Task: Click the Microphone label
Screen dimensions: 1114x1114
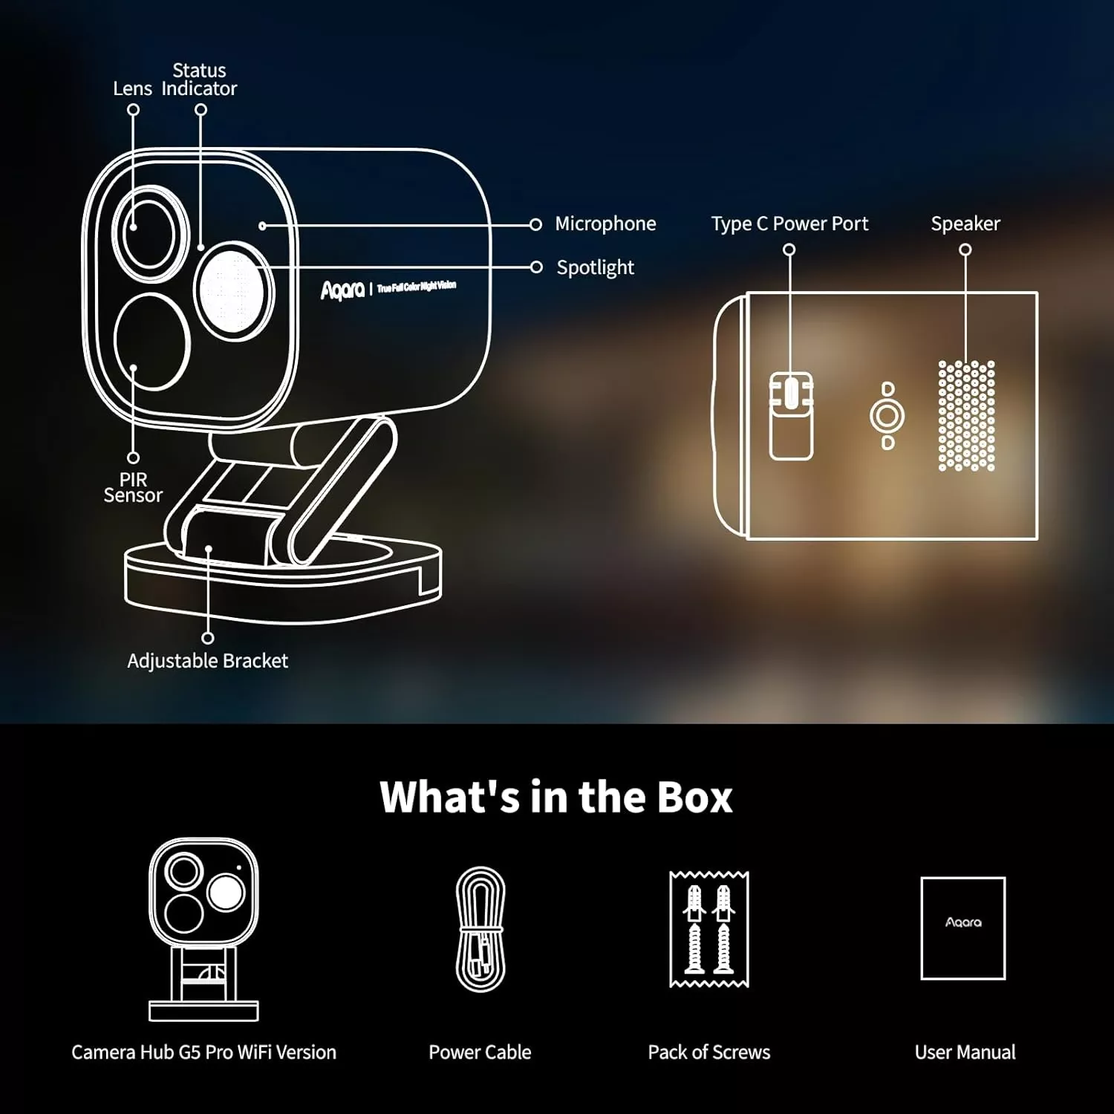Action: click(605, 224)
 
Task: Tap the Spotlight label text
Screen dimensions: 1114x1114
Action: click(595, 267)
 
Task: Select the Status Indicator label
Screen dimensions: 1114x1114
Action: click(199, 79)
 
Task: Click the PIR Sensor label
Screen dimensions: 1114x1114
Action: click(133, 487)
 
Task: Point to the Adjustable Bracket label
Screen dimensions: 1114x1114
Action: click(207, 660)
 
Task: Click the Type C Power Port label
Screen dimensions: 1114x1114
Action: click(789, 224)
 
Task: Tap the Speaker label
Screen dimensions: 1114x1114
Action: click(965, 224)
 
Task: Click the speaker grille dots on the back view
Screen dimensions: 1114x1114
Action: click(965, 416)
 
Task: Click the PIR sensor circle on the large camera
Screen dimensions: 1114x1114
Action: click(152, 342)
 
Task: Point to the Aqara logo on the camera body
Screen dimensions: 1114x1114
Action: click(342, 290)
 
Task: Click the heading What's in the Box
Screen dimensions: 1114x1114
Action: click(556, 797)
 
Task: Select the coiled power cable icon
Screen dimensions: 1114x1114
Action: click(481, 929)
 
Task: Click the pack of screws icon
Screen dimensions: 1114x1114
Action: click(709, 929)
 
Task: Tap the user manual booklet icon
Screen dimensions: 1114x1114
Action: click(962, 928)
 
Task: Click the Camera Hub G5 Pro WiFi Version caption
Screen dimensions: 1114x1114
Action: click(203, 1052)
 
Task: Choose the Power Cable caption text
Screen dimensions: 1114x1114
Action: click(480, 1052)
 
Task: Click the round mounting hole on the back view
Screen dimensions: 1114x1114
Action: click(887, 415)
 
